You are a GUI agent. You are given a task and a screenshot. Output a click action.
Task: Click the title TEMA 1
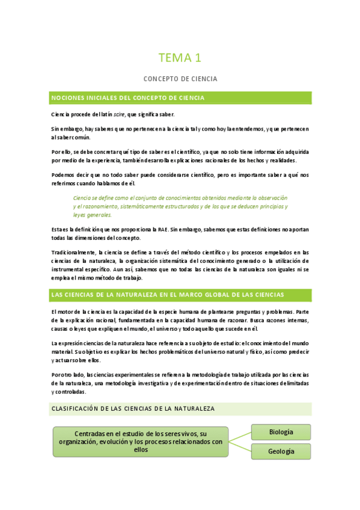point(180,58)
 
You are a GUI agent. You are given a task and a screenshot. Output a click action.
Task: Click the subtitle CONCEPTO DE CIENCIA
point(180,79)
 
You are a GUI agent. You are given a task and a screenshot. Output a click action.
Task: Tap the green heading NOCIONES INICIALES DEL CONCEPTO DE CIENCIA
point(128,97)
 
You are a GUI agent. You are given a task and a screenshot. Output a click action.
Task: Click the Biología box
point(281,432)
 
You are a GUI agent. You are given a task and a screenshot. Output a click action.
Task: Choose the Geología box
point(281,452)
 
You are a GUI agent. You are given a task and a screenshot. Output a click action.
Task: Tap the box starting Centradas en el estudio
point(141,441)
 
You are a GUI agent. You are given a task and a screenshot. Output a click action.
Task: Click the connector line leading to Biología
point(240,436)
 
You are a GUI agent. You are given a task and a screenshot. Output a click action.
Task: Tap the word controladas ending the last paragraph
point(70,391)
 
